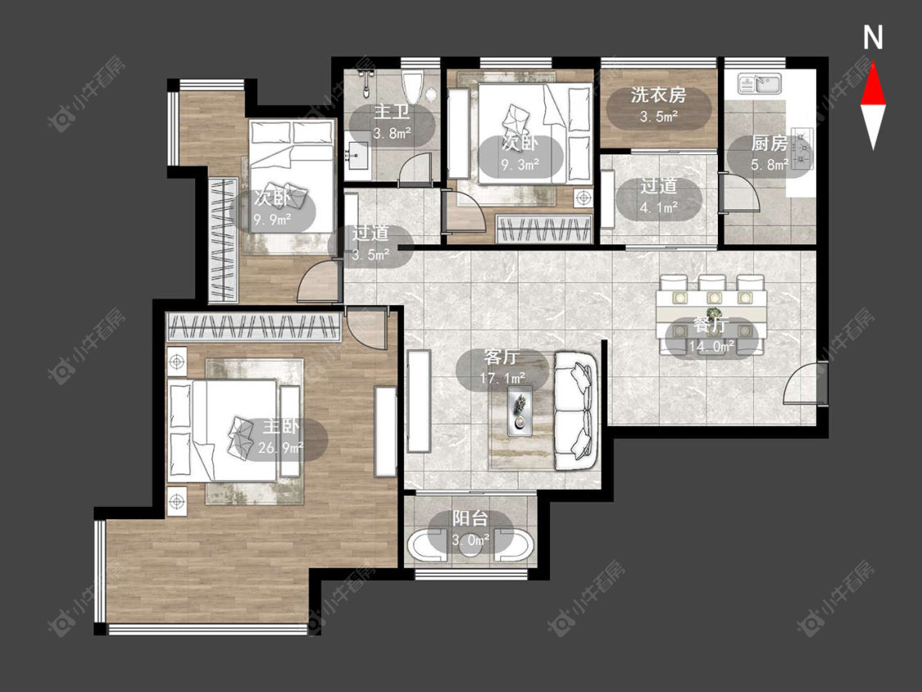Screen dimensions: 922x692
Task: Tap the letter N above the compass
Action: pyautogui.click(x=873, y=38)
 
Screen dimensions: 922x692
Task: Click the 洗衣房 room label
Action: pyautogui.click(x=659, y=95)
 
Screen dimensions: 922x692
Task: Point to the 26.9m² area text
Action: pyautogui.click(x=280, y=448)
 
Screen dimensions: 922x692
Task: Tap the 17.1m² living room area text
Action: pyautogui.click(x=502, y=378)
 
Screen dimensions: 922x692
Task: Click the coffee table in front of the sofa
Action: pyautogui.click(x=520, y=411)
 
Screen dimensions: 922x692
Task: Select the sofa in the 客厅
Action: pyautogui.click(x=575, y=410)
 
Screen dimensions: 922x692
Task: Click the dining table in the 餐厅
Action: pyautogui.click(x=712, y=314)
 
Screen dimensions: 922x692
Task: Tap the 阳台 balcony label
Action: pyautogui.click(x=470, y=518)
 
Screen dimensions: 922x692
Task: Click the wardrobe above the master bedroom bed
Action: pyautogui.click(x=254, y=327)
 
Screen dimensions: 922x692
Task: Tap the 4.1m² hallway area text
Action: pyautogui.click(x=659, y=207)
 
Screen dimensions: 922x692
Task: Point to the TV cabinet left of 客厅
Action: pyautogui.click(x=418, y=401)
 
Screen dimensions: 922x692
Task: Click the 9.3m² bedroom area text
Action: pyautogui.click(x=520, y=165)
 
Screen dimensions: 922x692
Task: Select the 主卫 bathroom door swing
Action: pyautogui.click(x=416, y=169)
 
